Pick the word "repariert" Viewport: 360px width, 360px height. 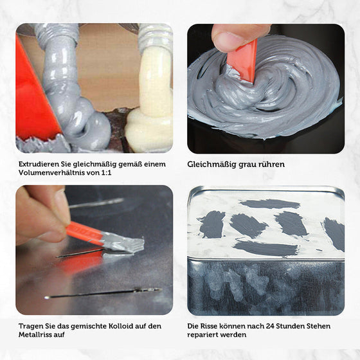tap(204, 335)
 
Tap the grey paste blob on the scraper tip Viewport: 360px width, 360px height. tap(125, 242)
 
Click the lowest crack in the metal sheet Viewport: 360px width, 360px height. tap(103, 293)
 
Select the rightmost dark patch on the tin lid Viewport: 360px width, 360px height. tap(334, 233)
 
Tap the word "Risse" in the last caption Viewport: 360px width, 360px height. tap(208, 325)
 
